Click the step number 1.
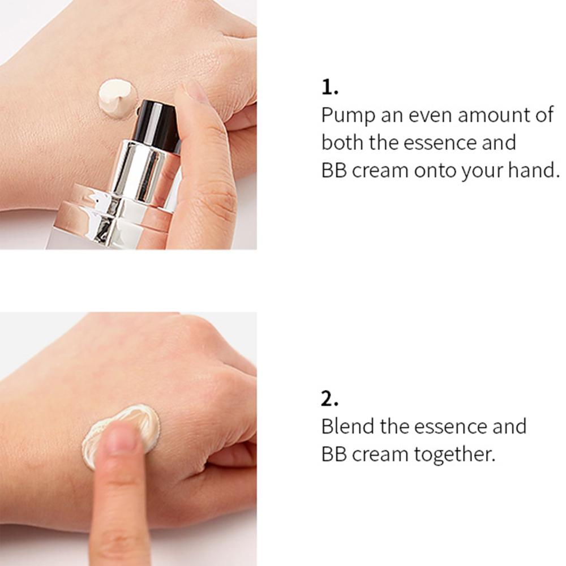tap(329, 88)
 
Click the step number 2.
tap(329, 399)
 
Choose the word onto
tap(435, 170)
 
